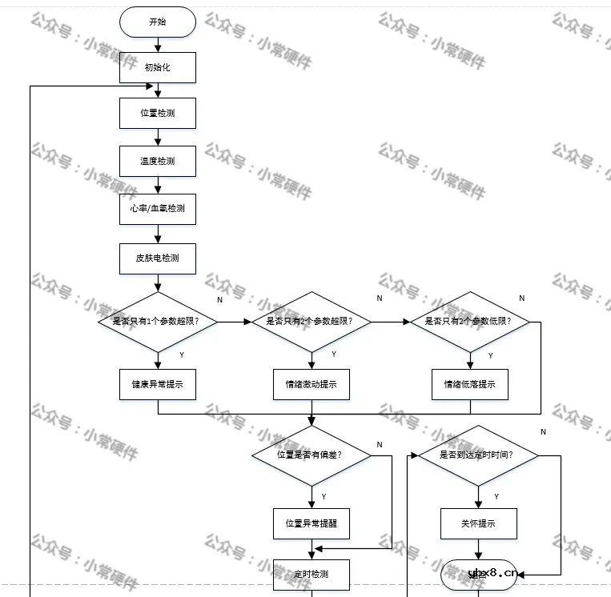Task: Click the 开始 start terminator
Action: pos(158,22)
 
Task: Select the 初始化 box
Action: pos(158,67)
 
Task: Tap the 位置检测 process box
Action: pos(158,113)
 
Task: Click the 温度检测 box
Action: pos(158,161)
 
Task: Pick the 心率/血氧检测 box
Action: pos(158,209)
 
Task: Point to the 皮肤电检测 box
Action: pos(158,258)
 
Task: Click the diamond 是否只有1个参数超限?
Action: pos(158,321)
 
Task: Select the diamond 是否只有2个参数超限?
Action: pos(312,321)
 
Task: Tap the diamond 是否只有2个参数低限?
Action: pos(471,321)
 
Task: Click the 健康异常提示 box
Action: pos(158,384)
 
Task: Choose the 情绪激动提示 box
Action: pos(312,384)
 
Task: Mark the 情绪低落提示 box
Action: pos(471,384)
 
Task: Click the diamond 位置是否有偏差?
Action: pos(312,455)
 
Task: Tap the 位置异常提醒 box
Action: pos(312,524)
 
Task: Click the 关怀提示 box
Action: pos(478,524)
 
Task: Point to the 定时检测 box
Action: pos(312,574)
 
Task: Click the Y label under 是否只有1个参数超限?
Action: pos(181,354)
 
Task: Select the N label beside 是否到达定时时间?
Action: pos(543,432)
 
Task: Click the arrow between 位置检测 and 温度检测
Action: pos(158,137)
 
